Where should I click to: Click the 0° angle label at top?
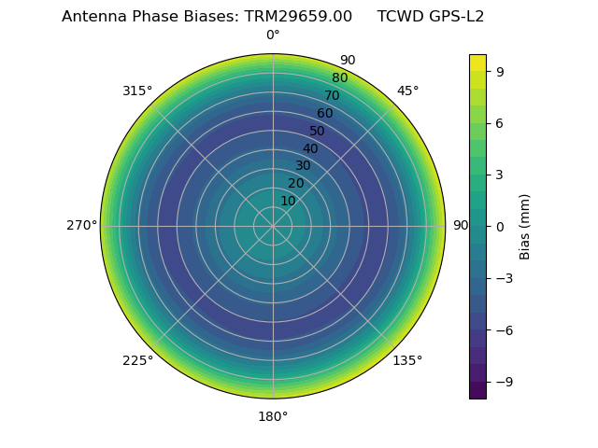(273, 35)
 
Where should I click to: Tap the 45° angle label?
(407, 91)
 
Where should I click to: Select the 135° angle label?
(407, 360)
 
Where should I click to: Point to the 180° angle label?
(273, 416)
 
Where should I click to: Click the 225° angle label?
(137, 360)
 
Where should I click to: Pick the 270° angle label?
(81, 226)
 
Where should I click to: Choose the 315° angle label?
(137, 91)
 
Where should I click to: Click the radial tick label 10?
(288, 201)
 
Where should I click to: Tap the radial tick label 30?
(303, 165)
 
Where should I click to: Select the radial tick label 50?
(318, 131)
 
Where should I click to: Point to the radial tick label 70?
(332, 95)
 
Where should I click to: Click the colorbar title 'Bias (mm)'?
(525, 226)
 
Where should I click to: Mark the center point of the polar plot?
(273, 226)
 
